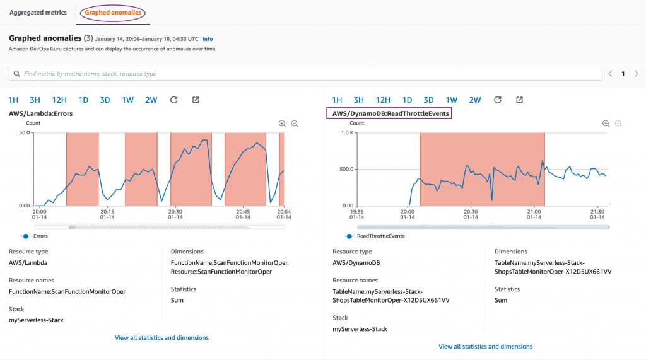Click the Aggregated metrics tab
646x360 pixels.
point(38,13)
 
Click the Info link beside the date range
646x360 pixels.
point(208,39)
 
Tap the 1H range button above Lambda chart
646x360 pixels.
point(13,100)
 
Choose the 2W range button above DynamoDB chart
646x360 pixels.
point(474,100)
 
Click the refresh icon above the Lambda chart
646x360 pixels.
point(174,100)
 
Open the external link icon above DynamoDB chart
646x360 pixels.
point(519,100)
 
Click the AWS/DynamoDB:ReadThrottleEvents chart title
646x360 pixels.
point(391,113)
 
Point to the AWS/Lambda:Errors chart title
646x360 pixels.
point(40,113)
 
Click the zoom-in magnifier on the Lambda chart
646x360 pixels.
point(282,124)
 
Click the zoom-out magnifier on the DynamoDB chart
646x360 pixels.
point(618,124)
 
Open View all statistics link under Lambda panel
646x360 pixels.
point(161,338)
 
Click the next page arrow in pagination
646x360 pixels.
point(636,74)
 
